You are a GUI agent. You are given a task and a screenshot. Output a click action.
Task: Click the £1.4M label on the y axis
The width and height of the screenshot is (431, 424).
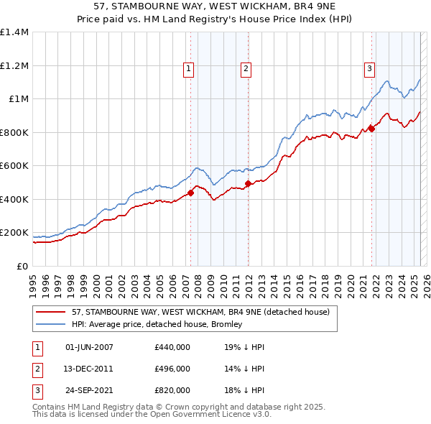coord(14,32)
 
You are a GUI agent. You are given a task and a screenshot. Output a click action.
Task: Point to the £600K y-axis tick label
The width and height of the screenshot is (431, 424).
coord(14,166)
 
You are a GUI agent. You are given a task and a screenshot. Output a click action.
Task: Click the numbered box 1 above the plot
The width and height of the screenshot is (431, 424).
coord(188,69)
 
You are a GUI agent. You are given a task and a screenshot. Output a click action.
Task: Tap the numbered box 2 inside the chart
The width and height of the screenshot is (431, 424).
coord(246,69)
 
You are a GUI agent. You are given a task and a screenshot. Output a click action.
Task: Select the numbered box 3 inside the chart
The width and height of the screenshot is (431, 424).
coord(369,69)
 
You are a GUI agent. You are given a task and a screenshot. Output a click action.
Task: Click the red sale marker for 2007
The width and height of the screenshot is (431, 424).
coord(191,193)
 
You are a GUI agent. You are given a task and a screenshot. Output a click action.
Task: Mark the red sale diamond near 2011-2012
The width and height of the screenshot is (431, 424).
coord(248,183)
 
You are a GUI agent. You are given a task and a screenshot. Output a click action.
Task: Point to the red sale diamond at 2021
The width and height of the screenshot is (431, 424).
coord(371,129)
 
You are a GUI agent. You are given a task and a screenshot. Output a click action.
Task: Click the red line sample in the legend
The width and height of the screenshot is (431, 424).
coord(52,312)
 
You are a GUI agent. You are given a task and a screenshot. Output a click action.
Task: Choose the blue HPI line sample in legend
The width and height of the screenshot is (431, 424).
coord(52,324)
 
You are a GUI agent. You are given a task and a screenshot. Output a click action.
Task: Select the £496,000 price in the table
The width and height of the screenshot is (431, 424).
coord(172,369)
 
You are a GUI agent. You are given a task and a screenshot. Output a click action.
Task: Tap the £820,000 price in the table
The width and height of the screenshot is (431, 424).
coord(172,390)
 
